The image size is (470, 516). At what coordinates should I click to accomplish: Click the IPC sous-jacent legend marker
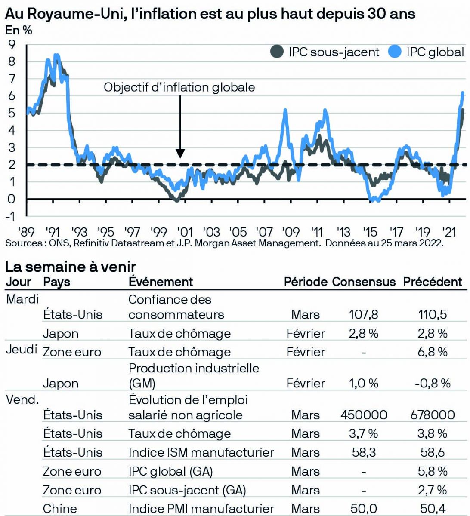tap(277, 52)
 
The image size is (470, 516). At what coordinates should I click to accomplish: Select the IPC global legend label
tap(435, 52)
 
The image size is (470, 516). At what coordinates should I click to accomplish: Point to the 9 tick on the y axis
tap(11, 44)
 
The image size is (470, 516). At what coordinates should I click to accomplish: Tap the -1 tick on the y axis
tap(10, 216)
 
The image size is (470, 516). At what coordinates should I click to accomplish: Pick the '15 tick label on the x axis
tap(370, 232)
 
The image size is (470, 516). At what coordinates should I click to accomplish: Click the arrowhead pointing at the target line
tap(180, 154)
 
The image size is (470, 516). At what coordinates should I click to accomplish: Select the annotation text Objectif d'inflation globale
tap(179, 87)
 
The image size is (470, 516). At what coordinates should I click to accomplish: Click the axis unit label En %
tap(19, 31)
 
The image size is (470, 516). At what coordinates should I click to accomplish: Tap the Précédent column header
tap(432, 282)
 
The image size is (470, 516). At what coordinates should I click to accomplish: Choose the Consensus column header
tap(364, 282)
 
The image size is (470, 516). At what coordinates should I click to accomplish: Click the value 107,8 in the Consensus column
tap(364, 314)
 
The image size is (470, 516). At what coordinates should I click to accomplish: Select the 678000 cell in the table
tap(432, 415)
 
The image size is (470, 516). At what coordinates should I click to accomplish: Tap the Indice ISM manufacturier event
tap(201, 452)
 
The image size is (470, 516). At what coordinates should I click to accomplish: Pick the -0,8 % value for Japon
tap(432, 383)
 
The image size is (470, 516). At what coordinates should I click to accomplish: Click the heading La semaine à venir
tap(71, 267)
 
